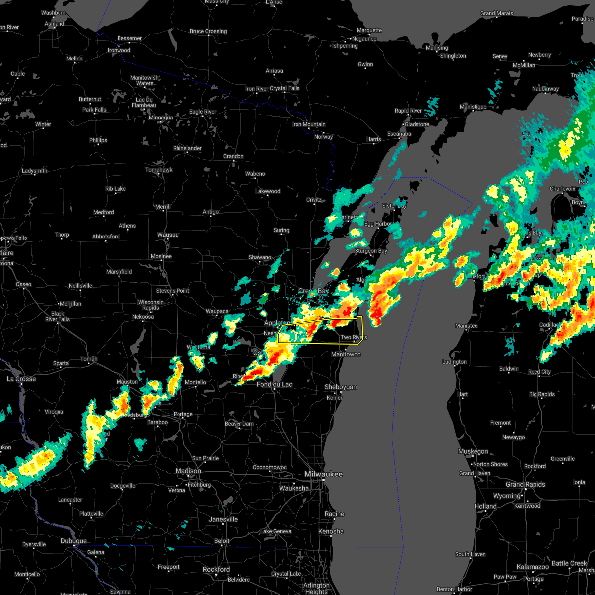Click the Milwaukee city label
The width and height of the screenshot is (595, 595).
(323, 475)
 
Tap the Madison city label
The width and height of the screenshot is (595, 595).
(188, 471)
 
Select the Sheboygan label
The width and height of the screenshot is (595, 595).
(341, 387)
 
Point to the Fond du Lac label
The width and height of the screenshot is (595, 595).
(274, 384)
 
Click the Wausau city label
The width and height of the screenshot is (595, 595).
(168, 234)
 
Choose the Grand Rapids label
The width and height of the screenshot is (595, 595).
(526, 484)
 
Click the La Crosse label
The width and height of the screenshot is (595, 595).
(21, 379)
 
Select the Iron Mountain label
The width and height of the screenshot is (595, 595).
(308, 124)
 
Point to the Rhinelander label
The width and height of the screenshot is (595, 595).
(187, 148)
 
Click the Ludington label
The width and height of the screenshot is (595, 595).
(455, 362)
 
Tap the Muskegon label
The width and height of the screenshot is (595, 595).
(473, 451)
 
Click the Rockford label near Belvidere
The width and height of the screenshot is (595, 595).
(216, 569)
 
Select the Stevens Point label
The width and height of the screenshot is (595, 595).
(173, 290)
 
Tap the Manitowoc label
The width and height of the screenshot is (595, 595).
(346, 354)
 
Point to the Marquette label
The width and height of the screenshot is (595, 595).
(369, 30)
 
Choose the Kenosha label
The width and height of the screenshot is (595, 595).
(331, 531)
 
